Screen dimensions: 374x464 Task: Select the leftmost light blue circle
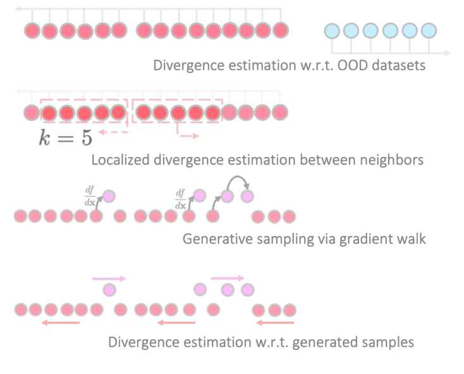pos(332,30)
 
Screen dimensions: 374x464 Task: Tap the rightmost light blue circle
pos(429,30)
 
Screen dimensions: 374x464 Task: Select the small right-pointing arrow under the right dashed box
pos(188,135)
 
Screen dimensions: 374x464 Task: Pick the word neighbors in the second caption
pos(390,160)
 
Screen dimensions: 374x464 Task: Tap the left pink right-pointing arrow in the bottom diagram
pos(109,278)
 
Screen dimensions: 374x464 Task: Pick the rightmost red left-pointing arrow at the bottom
pos(275,323)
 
